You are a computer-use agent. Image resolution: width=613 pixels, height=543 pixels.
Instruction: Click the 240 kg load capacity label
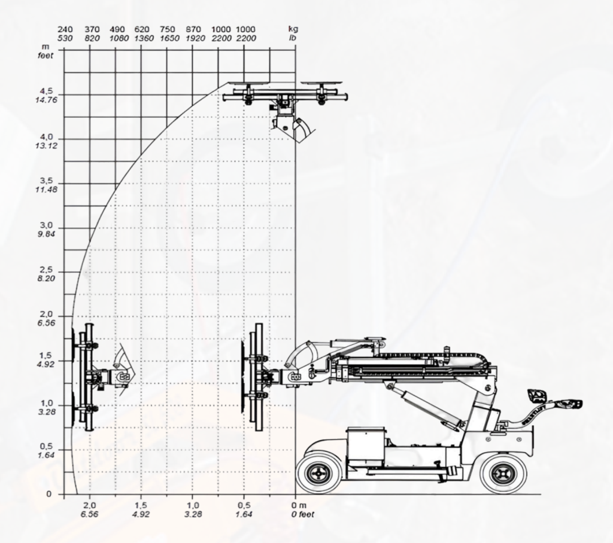(65, 29)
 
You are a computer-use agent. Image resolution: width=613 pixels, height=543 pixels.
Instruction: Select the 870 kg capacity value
(193, 29)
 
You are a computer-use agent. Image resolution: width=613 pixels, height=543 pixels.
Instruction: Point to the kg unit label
(293, 29)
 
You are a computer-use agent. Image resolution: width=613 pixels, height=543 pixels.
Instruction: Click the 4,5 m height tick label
(46, 91)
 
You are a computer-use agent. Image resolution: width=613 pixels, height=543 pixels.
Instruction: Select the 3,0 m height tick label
(46, 225)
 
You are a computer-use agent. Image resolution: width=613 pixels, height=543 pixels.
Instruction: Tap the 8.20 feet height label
(47, 279)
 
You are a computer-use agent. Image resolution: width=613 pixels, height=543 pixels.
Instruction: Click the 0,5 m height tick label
(46, 447)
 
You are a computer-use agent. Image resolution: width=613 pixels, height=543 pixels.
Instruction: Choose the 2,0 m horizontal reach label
(90, 505)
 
